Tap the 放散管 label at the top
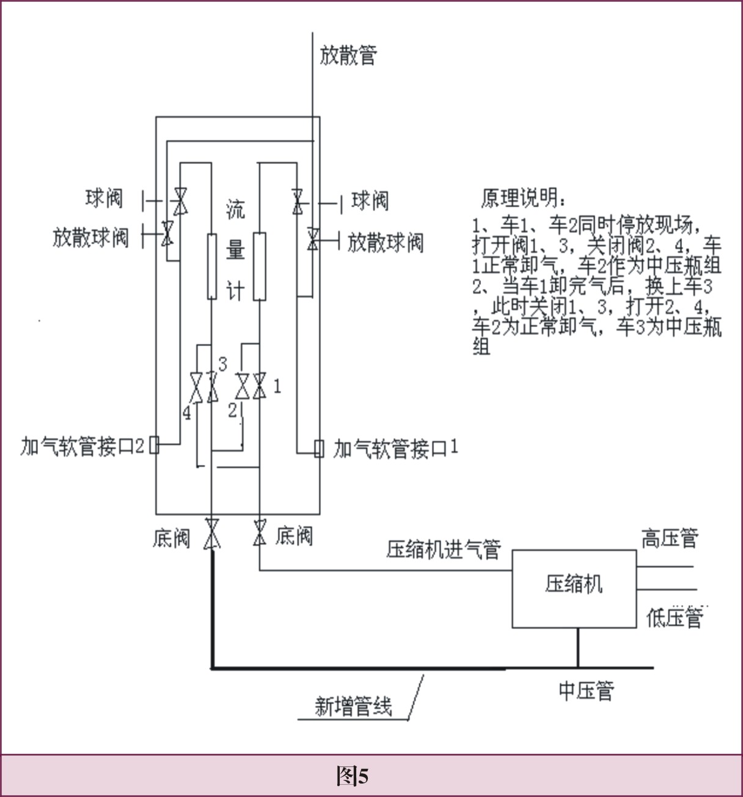pyautogui.click(x=348, y=56)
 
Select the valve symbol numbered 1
pyautogui.click(x=260, y=386)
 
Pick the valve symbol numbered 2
pyautogui.click(x=242, y=386)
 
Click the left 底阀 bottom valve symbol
pyautogui.click(x=212, y=534)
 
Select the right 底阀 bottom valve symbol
pyautogui.click(x=260, y=532)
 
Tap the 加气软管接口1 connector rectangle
pyautogui.click(x=318, y=449)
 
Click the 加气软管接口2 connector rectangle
pyautogui.click(x=155, y=444)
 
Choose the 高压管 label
pyautogui.click(x=669, y=538)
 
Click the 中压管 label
pyautogui.click(x=585, y=691)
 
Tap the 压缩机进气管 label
pyautogui.click(x=443, y=548)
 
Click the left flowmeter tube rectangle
pyautogui.click(x=211, y=266)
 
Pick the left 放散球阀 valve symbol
pyautogui.click(x=167, y=235)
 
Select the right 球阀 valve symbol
pyautogui.click(x=298, y=200)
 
